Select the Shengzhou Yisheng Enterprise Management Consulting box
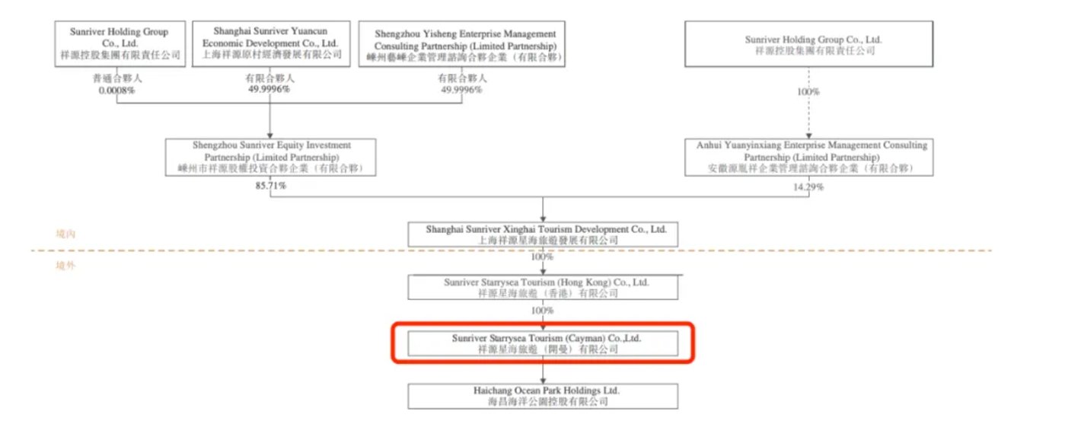(x=465, y=44)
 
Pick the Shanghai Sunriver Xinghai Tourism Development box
(x=542, y=235)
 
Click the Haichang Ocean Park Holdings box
(x=542, y=396)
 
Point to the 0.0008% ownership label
(x=117, y=90)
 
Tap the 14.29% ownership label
(x=808, y=187)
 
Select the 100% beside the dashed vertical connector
(x=808, y=91)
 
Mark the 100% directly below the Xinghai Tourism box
(x=542, y=258)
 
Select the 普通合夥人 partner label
(x=117, y=78)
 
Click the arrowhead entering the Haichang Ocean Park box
(x=542, y=380)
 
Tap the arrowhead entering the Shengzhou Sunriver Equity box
(x=271, y=135)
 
